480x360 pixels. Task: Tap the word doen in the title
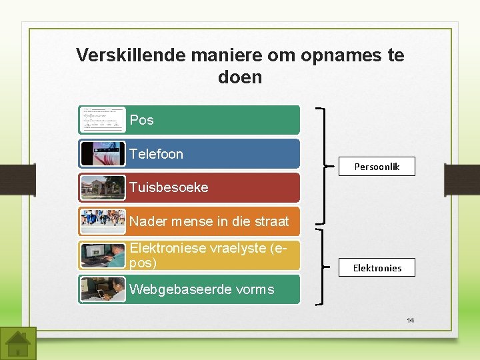tap(240, 77)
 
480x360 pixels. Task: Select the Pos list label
tap(141, 120)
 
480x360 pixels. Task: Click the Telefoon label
tap(156, 154)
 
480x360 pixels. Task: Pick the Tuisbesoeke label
tap(169, 187)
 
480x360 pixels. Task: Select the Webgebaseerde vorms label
tap(201, 289)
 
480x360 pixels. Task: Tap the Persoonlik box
tap(377, 167)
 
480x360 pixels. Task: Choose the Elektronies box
tap(377, 268)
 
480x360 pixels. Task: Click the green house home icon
tap(18, 343)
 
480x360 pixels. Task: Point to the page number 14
tap(410, 321)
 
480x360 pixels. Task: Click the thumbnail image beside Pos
tap(102, 120)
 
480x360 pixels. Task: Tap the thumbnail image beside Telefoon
tap(102, 153)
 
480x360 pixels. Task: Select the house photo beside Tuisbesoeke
tap(102, 187)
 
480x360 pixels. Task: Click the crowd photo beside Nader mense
tap(102, 221)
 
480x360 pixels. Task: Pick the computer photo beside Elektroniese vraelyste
tap(102, 255)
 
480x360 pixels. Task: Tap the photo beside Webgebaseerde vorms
tap(102, 289)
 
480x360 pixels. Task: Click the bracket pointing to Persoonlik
tap(325, 165)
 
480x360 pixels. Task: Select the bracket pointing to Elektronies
tap(325, 267)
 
